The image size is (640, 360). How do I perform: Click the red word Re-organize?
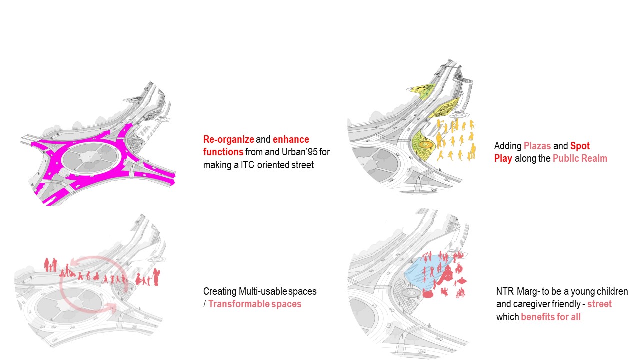click(228, 139)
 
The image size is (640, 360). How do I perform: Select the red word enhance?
click(291, 139)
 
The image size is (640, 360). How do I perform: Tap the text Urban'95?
click(299, 152)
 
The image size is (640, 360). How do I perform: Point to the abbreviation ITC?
click(247, 165)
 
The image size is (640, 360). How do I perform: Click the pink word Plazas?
click(537, 146)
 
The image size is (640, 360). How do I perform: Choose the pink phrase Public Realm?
click(580, 159)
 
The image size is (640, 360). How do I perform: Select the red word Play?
click(503, 159)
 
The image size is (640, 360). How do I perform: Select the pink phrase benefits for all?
click(551, 317)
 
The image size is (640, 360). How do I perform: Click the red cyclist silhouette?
click(460, 293)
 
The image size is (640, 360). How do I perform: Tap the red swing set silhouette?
click(427, 256)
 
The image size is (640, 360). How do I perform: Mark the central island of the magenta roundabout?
click(89, 157)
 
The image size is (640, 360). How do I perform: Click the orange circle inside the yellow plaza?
click(425, 145)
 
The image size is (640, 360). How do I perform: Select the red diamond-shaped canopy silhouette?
click(461, 281)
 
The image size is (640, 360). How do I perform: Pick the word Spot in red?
click(580, 146)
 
